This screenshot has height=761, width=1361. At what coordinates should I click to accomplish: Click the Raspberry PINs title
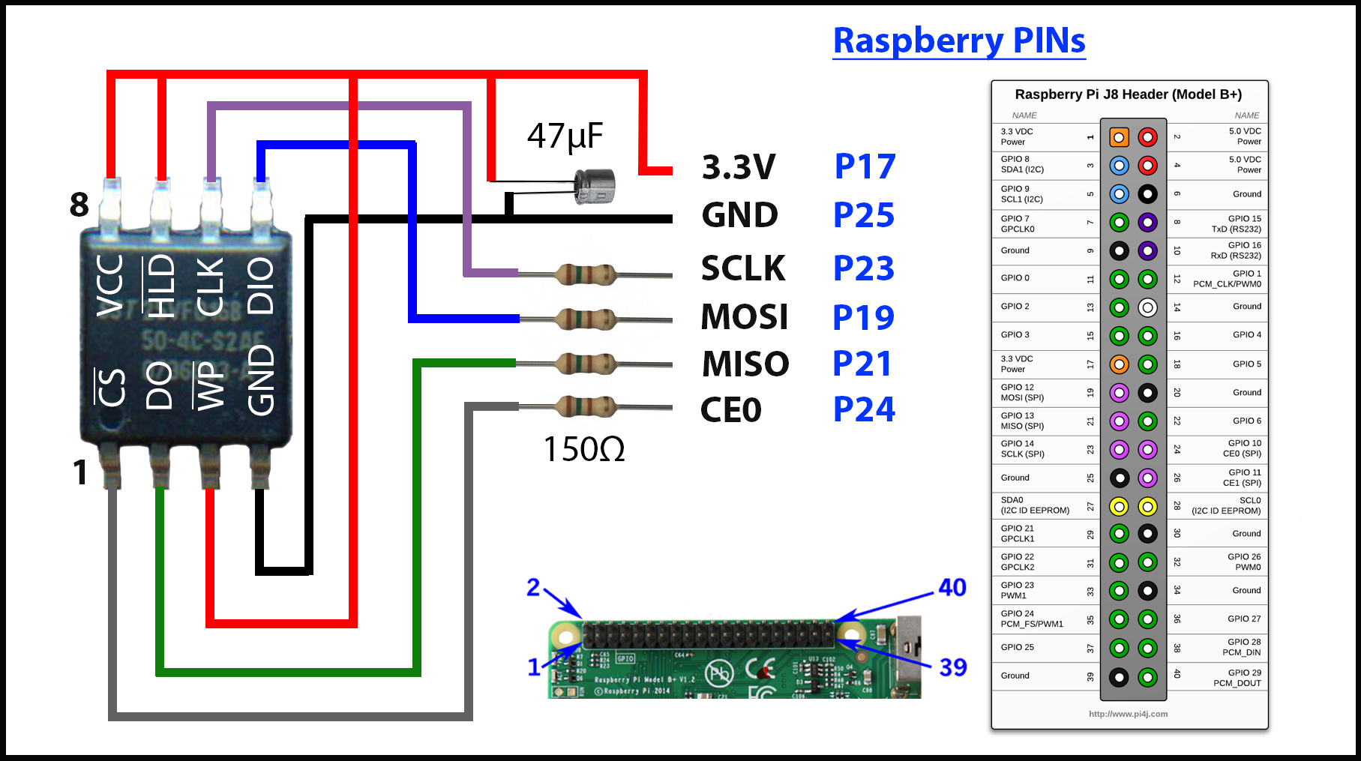(x=959, y=40)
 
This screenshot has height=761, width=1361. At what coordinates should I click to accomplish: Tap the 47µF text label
(x=565, y=136)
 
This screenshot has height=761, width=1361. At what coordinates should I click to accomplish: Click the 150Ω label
(x=583, y=449)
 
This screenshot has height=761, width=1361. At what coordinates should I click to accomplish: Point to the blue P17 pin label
(x=865, y=166)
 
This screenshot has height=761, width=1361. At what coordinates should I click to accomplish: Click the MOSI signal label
(x=744, y=316)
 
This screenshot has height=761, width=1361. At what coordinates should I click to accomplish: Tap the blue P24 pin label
(x=864, y=409)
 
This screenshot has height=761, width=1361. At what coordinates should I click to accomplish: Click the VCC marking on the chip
(x=110, y=285)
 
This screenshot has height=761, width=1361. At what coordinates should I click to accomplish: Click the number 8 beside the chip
(x=79, y=205)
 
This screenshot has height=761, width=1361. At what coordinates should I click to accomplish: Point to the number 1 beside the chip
(x=80, y=472)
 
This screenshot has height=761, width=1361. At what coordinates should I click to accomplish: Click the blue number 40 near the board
(x=952, y=587)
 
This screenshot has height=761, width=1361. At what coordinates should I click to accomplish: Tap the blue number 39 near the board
(x=952, y=667)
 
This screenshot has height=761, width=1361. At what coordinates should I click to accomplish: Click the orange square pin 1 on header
(x=1119, y=137)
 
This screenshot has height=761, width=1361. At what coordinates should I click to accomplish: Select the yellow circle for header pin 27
(x=1119, y=506)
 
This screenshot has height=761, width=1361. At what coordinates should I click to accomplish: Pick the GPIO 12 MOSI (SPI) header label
(x=1022, y=392)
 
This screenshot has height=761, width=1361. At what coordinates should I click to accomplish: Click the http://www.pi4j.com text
(x=1128, y=714)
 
